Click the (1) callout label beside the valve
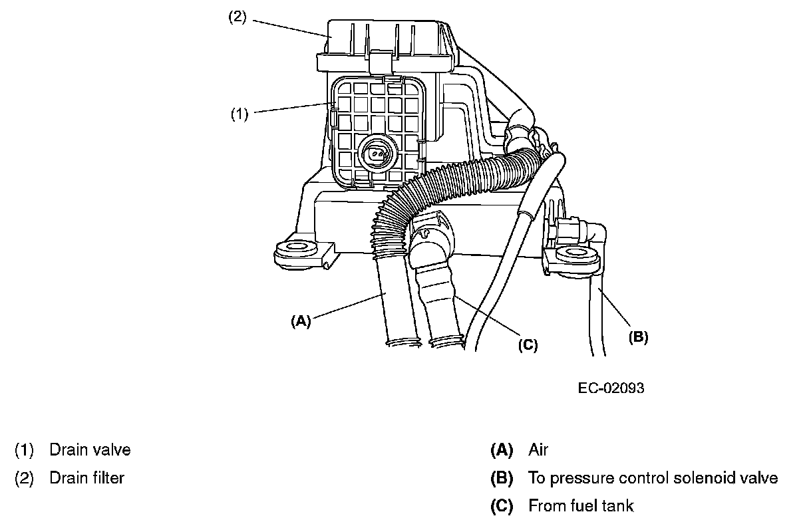point(240,114)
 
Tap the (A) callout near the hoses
point(301,321)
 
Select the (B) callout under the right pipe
point(638,336)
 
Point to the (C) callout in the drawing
point(528,344)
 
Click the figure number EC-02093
point(611,388)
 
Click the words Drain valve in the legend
point(90,450)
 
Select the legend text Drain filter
point(86,477)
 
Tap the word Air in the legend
point(538,450)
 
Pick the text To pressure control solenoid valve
point(653,477)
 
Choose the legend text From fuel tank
point(581,505)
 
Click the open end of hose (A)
point(403,342)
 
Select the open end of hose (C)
point(448,342)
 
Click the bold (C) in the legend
point(502,505)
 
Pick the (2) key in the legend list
point(24,477)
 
